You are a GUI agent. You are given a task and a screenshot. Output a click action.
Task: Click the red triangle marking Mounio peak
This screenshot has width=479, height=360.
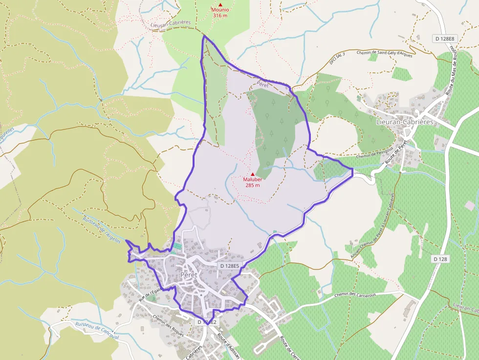coord(220,4)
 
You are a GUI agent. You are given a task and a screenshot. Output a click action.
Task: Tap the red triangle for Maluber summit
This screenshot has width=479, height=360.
coord(253,174)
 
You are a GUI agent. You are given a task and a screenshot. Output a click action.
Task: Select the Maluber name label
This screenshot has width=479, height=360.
coord(253,179)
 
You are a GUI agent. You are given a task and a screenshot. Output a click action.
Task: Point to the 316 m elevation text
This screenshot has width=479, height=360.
coord(220,15)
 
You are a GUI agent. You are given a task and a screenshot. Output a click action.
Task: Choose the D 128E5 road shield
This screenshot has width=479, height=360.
coord(230,266)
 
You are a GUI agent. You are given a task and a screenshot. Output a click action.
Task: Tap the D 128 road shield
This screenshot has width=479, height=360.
coord(441,258)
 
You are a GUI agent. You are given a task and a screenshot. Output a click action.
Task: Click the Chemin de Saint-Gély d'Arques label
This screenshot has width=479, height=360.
coord(384,54)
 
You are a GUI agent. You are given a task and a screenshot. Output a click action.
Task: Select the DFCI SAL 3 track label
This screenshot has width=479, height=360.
coord(337,58)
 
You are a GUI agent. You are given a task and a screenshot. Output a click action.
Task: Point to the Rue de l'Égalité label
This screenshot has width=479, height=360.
coord(150,296)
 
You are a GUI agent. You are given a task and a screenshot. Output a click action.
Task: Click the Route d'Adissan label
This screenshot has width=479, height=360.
coord(225,344)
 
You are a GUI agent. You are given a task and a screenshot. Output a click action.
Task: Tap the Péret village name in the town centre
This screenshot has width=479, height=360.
coord(189,275)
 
